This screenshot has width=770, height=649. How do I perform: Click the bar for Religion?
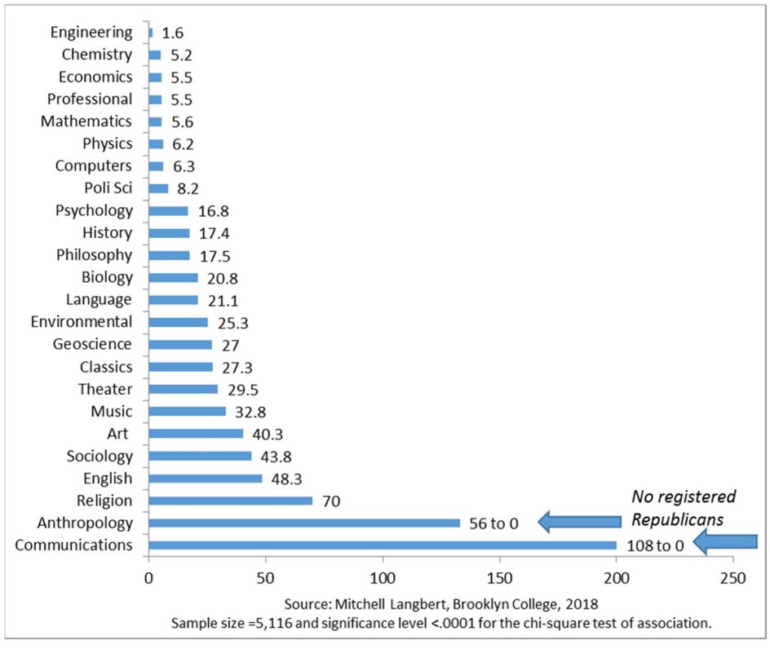click(230, 500)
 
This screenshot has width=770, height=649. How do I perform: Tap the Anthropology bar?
click(303, 523)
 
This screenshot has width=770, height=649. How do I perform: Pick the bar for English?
click(205, 478)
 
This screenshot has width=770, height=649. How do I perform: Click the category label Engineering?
click(91, 33)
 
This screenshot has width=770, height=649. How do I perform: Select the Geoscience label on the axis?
click(92, 344)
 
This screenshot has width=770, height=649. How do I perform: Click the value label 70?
click(331, 500)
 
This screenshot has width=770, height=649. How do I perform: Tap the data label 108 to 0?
click(656, 545)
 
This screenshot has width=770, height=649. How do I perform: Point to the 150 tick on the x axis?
click(499, 578)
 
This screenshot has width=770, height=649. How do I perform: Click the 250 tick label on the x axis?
click(732, 578)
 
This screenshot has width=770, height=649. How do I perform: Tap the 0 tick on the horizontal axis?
click(149, 578)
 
